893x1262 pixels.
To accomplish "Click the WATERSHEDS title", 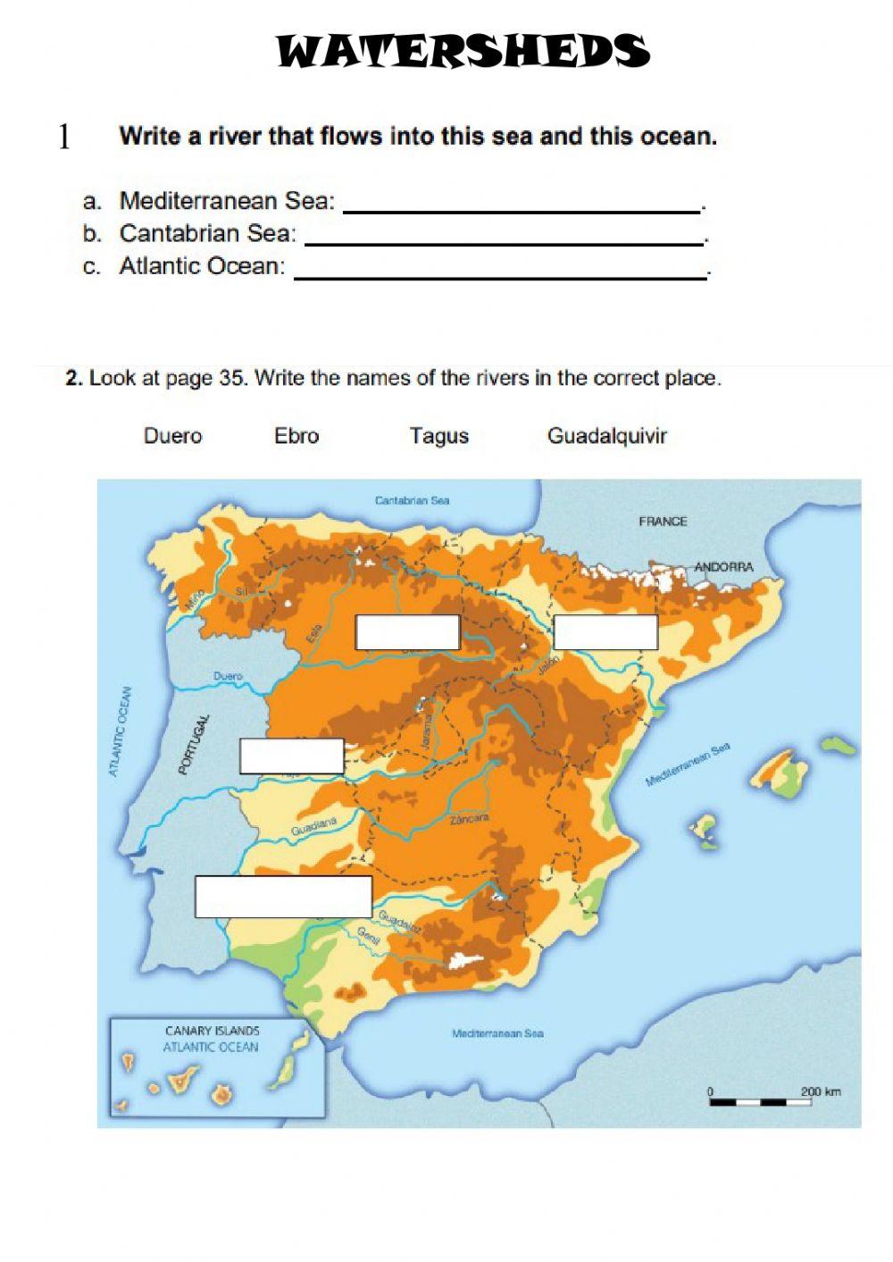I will (x=463, y=52).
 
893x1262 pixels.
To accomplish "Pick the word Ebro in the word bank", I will (x=296, y=436).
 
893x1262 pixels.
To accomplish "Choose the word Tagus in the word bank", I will (x=438, y=436).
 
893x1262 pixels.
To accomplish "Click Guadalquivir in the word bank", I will (x=606, y=436).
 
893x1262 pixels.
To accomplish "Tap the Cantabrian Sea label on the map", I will (x=412, y=501).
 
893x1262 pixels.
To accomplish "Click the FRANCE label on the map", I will (x=663, y=522).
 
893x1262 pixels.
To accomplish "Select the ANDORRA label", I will (x=723, y=567).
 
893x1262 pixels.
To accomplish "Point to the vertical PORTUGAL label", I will (x=194, y=744).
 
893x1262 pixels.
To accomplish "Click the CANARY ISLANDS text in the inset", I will (x=212, y=1031).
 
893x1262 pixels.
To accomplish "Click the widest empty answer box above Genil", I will (x=283, y=897).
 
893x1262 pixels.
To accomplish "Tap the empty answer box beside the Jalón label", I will (x=605, y=632).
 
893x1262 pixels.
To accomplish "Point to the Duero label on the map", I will (x=228, y=677).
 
